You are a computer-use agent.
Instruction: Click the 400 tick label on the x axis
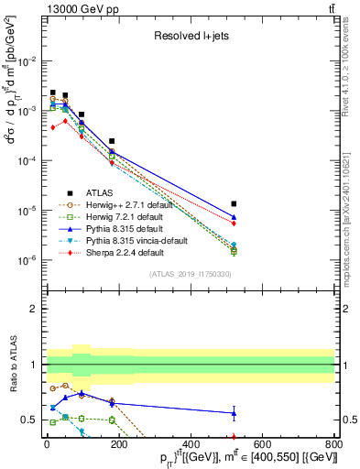[190, 445]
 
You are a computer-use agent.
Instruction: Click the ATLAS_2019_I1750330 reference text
[191, 274]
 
